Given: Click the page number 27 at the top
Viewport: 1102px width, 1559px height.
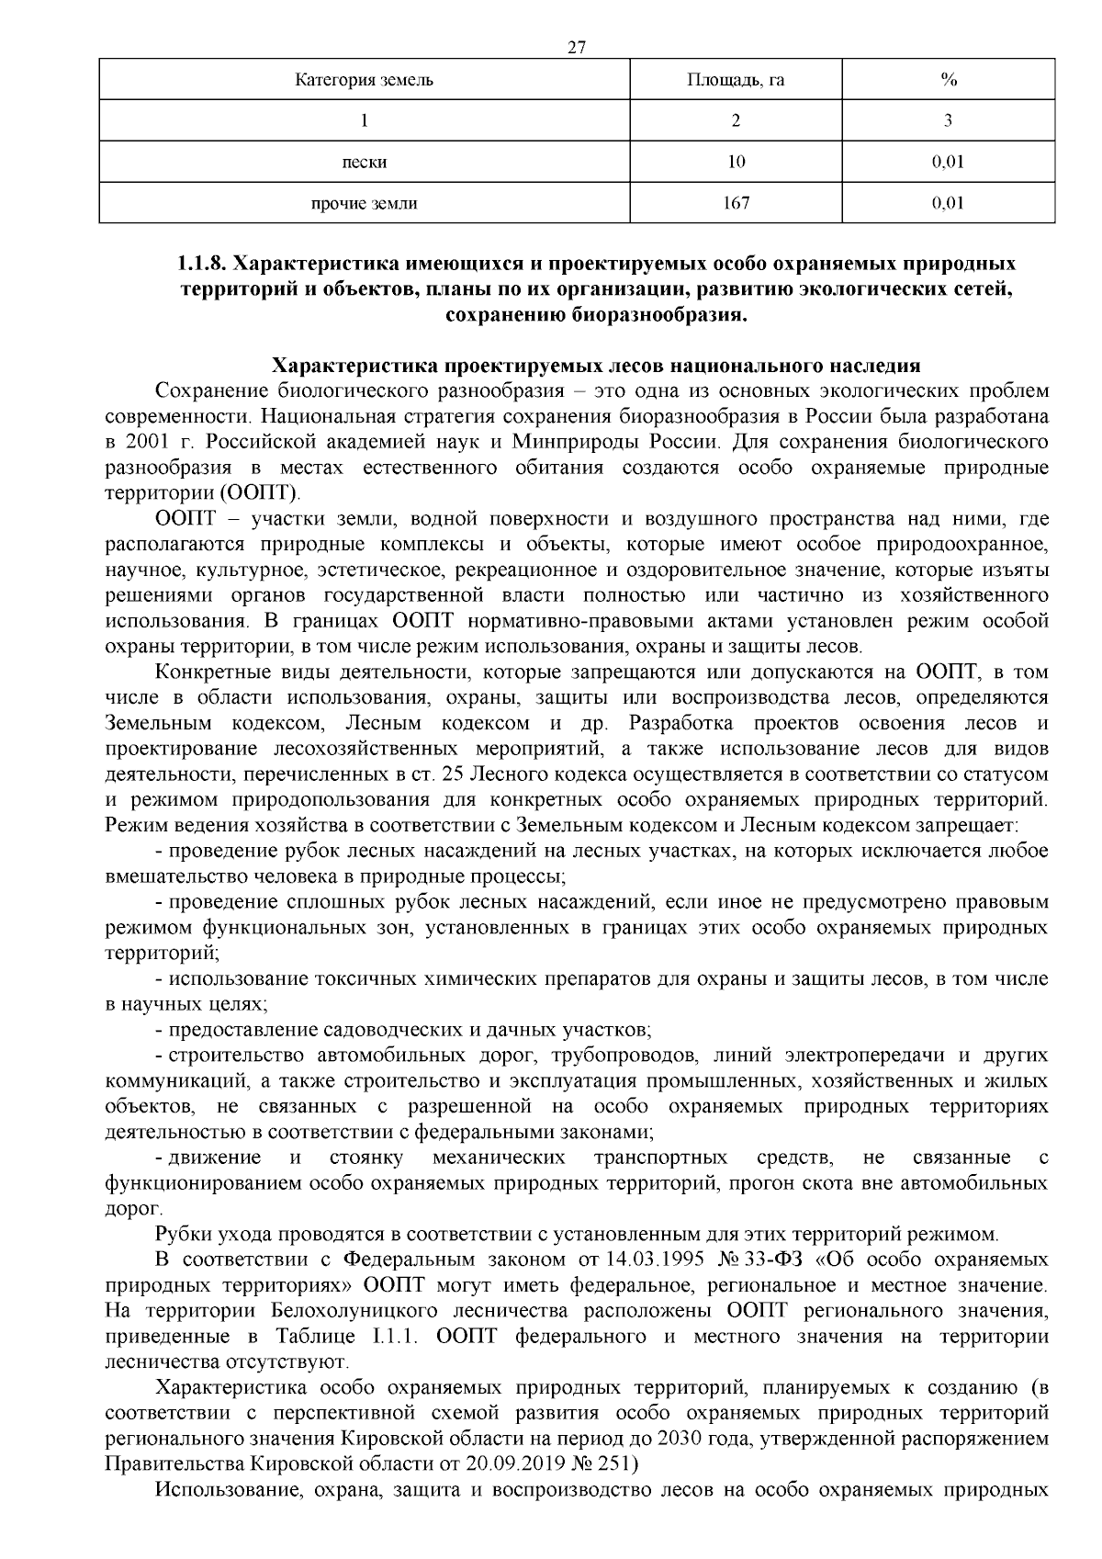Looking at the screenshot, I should click(577, 48).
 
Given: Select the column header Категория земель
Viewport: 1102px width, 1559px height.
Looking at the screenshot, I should click(365, 80).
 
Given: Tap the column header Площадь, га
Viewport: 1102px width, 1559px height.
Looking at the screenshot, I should click(736, 80).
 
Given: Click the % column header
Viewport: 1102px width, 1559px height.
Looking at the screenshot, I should click(949, 80).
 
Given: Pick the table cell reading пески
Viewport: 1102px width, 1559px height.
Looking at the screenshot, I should click(365, 163).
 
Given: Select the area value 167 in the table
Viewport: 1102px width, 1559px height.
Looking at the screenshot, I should click(736, 203).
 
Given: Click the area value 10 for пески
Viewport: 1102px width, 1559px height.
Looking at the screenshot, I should click(736, 163).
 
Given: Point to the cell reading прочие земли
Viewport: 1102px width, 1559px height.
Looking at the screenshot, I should click(365, 203).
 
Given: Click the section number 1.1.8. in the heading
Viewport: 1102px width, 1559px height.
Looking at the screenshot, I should click(201, 265).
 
